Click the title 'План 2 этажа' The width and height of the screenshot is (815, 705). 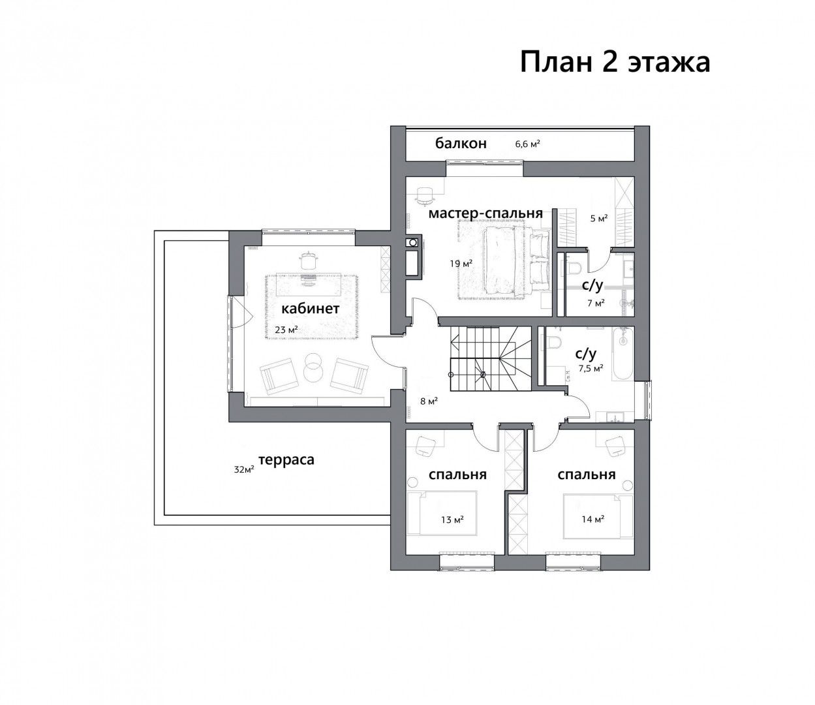tap(615, 62)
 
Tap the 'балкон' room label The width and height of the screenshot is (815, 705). tap(461, 144)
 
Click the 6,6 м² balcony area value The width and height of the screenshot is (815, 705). tap(527, 144)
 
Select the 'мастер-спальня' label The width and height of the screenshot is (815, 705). tap(485, 213)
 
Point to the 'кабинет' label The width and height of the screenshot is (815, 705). tap(311, 309)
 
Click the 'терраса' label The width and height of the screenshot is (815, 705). tap(286, 460)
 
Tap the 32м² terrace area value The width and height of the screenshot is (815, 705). tap(244, 469)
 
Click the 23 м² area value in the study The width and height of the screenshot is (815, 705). tap(286, 330)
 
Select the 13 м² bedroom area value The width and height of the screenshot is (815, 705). tap(453, 520)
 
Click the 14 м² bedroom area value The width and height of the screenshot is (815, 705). tap(593, 520)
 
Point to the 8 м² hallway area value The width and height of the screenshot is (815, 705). tap(429, 401)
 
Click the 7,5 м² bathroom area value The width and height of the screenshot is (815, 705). tap(591, 368)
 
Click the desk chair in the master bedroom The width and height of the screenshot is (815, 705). tap(424, 196)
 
